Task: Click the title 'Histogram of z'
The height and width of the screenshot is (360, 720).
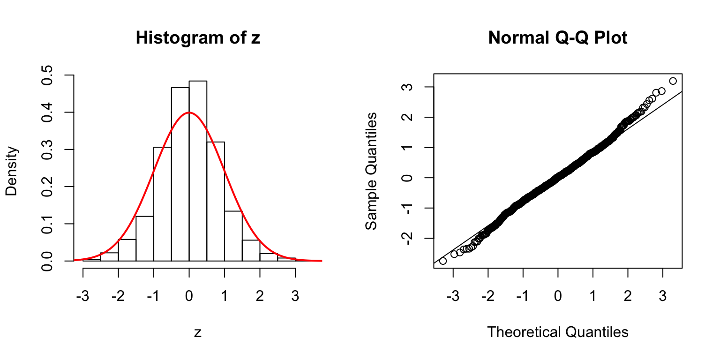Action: coord(198,38)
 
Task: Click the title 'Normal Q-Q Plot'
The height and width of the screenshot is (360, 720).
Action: coord(558,38)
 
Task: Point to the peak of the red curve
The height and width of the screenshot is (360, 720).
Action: coord(189,112)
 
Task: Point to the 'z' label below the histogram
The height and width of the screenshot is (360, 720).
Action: coord(198,332)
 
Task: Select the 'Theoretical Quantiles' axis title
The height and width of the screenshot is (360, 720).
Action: coord(558,332)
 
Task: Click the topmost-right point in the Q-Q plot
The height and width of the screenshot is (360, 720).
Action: coord(673,81)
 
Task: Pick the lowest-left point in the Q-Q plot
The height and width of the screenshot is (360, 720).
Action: coord(443,261)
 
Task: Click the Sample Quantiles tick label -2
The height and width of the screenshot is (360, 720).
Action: coord(407,238)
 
